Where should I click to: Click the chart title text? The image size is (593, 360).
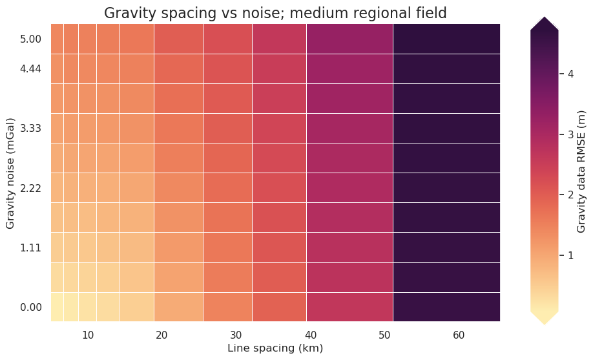275,13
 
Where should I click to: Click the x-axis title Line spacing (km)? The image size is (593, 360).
275,348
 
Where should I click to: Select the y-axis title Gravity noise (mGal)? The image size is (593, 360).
10,173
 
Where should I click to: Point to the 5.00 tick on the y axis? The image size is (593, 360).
31,39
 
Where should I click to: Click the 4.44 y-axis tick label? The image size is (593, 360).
31,69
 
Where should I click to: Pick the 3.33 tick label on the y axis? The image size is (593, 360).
31,129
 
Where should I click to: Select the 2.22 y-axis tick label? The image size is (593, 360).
31,188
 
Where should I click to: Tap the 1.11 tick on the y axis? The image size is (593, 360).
31,248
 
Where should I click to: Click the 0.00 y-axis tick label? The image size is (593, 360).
31,307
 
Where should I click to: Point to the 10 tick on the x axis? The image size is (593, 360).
88,334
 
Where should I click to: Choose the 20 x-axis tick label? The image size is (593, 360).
161,334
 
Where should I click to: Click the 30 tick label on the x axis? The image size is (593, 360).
236,334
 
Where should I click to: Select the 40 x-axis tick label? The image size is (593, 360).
311,334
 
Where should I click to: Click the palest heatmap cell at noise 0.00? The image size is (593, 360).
57,307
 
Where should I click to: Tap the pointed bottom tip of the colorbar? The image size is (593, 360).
545,321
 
